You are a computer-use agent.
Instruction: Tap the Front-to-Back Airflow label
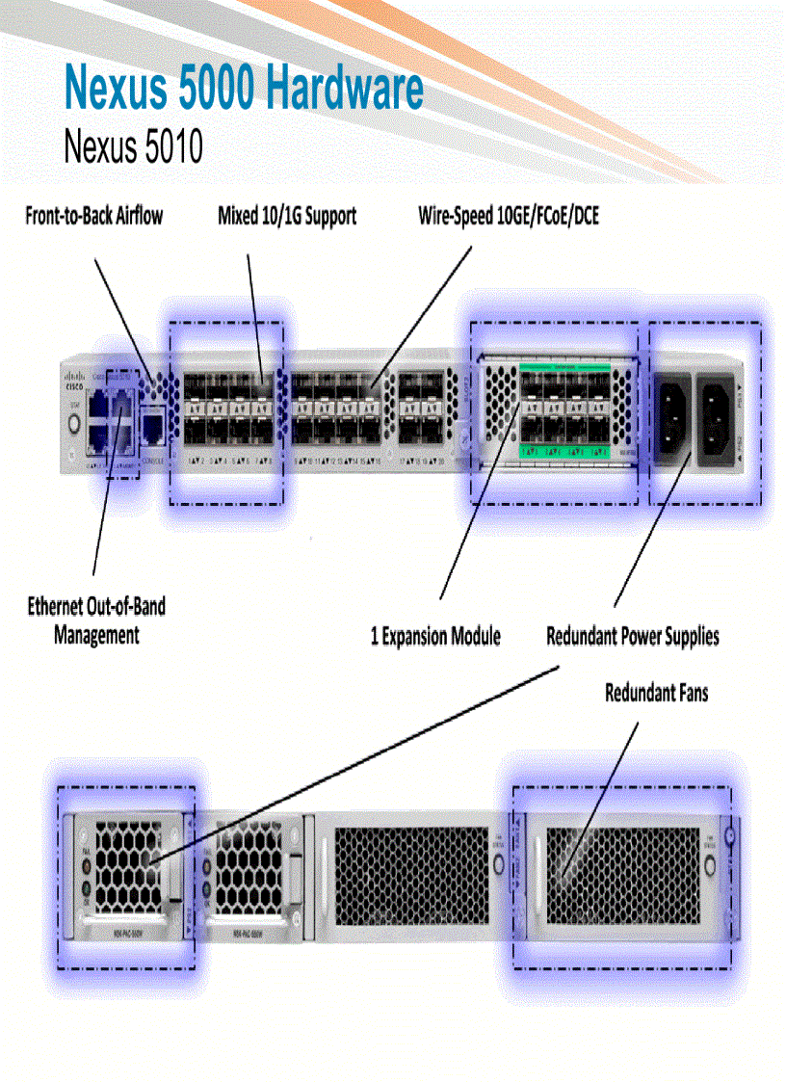(93, 216)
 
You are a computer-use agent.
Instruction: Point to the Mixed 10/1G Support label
(287, 216)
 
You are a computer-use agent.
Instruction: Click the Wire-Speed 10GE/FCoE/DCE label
(508, 216)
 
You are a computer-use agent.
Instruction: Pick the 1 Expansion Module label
(435, 637)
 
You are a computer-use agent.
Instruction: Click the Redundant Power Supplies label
(632, 637)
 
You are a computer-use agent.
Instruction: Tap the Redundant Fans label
(656, 693)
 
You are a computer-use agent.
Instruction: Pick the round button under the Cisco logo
(71, 421)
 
